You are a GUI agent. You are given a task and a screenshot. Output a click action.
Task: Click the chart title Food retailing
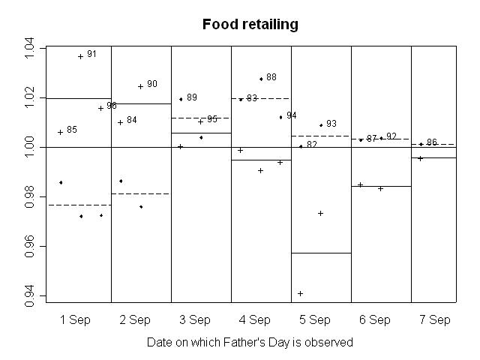250,24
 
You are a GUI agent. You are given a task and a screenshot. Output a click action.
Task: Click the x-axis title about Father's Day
250,342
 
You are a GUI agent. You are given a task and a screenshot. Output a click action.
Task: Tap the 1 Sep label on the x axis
75,319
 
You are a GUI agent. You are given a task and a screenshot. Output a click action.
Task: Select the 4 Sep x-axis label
255,319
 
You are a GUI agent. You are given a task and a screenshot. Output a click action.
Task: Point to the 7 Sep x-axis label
435,319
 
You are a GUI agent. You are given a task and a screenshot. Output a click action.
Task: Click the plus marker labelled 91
80,56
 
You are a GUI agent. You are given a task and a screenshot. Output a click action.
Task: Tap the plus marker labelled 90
140,86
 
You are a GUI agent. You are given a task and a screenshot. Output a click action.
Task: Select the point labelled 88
261,79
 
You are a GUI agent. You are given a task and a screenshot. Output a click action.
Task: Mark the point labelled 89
181,99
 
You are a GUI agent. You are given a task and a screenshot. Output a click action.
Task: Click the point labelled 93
321,125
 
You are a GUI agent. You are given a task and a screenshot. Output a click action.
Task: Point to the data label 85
72,130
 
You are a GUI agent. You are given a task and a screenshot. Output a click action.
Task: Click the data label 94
292,115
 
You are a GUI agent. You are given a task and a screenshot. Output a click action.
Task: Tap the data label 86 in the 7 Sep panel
432,142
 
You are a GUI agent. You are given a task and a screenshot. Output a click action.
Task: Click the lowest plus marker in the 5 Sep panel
301,293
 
